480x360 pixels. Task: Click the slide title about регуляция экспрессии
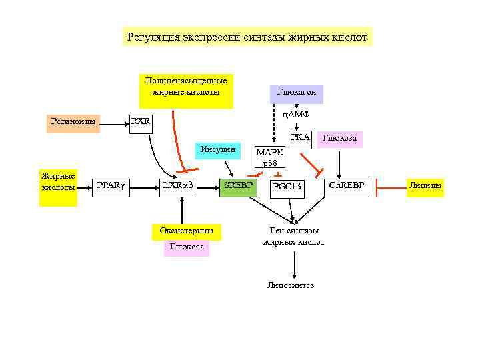coord(247,37)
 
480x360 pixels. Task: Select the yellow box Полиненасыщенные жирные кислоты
coord(186,90)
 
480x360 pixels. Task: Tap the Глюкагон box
coord(296,92)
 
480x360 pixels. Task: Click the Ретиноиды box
coord(73,122)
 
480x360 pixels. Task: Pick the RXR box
coord(141,122)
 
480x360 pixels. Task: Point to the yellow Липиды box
coord(425,186)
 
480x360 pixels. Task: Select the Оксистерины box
coord(186,231)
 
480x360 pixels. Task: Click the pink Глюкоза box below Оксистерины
coord(186,247)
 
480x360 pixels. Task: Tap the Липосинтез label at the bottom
coord(291,285)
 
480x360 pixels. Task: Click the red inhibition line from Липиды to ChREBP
coord(390,186)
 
